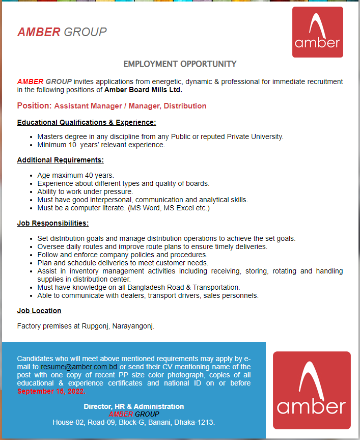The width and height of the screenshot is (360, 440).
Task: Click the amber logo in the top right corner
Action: coord(317,32)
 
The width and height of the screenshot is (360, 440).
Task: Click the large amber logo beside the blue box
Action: coord(312,390)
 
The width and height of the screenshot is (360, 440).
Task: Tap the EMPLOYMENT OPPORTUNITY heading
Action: coord(180,64)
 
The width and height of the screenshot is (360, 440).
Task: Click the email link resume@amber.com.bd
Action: coord(79,367)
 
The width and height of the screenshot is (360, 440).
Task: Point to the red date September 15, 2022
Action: coord(51,391)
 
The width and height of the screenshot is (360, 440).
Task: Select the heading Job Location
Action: coord(39,311)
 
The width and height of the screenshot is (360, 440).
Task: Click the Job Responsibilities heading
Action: coord(53,223)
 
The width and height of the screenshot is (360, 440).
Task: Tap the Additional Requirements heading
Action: coord(60,160)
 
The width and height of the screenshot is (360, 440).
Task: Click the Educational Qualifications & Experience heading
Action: coord(86,122)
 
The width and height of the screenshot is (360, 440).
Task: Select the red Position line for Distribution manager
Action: coord(112,106)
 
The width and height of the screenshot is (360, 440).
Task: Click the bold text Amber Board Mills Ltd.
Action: coord(143,90)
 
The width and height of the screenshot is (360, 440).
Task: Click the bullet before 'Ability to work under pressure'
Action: coord(32,191)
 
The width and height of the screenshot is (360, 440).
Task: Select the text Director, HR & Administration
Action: coord(133,406)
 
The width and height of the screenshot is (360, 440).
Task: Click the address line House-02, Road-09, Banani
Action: coord(133,423)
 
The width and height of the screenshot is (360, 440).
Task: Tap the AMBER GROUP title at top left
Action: coord(62,32)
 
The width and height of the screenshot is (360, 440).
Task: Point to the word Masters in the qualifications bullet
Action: coord(49,136)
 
